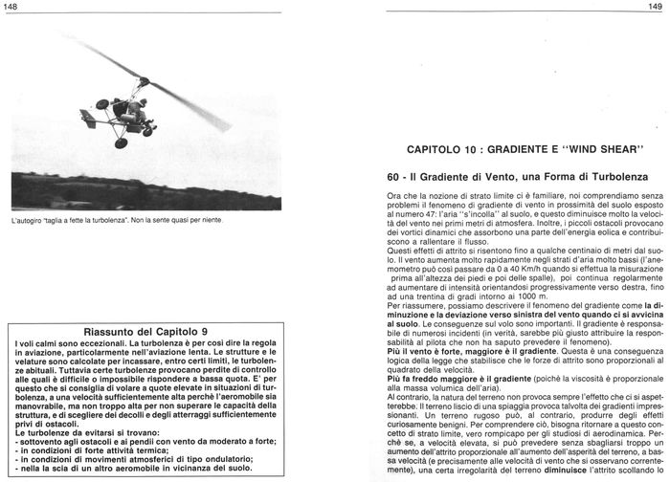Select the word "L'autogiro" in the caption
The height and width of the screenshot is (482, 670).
[29, 221]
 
